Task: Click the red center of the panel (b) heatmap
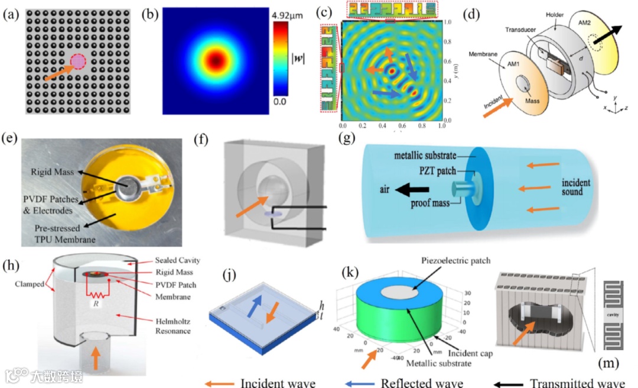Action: coord(217,60)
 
